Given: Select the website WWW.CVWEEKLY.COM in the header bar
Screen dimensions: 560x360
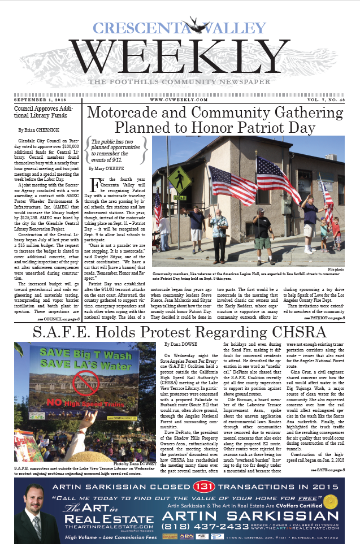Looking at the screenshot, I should pyautogui.click(x=179, y=100).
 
